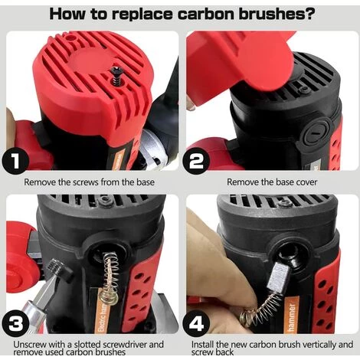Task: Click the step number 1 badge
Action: [x=15, y=161]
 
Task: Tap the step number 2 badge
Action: [x=196, y=161]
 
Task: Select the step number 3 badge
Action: [x=16, y=322]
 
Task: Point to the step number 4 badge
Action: [x=197, y=323]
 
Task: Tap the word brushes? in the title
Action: [x=277, y=14]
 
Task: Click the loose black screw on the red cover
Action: [x=116, y=76]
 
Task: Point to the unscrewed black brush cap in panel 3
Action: [x=61, y=270]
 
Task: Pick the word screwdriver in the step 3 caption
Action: [x=119, y=344]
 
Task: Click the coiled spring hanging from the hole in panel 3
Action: [x=110, y=278]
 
